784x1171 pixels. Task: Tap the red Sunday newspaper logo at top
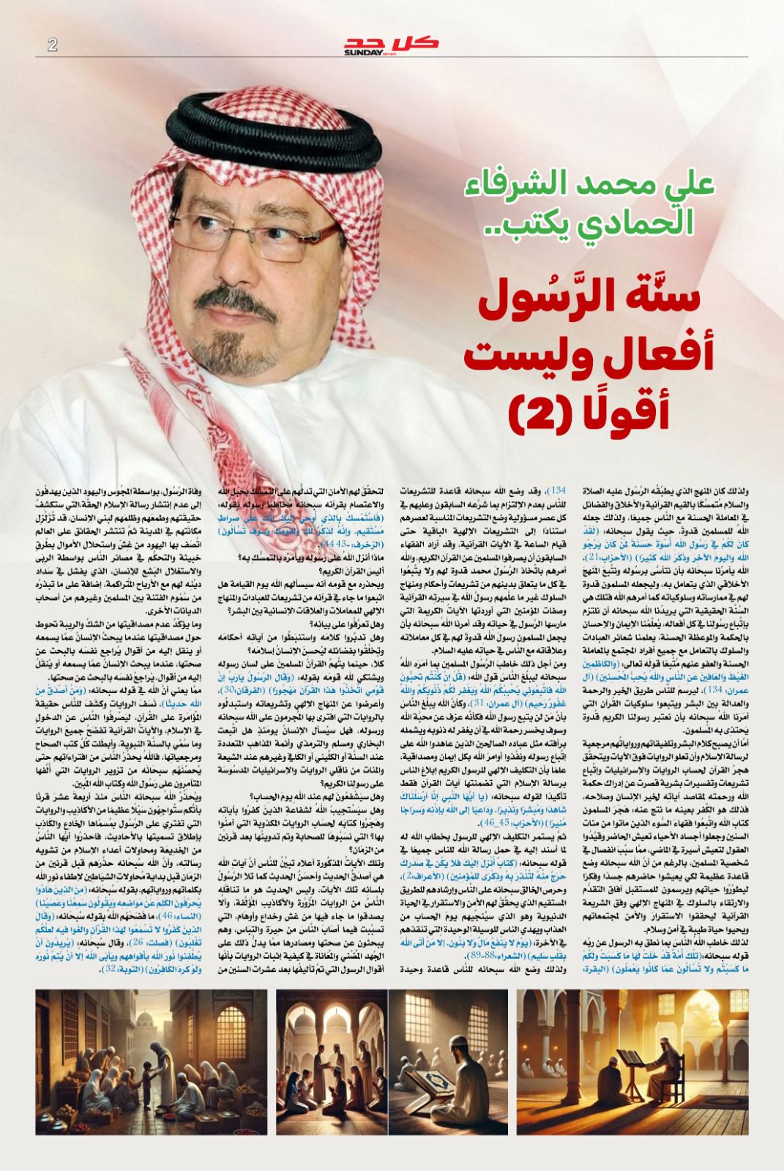392,45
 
